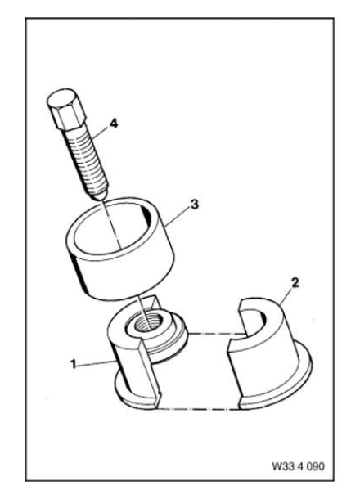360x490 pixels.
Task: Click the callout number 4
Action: (114, 124)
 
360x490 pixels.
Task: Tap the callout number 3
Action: (194, 205)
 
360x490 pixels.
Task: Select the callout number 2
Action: (295, 283)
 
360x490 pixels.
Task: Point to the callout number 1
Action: (73, 364)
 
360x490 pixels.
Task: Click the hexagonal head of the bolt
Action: (66, 109)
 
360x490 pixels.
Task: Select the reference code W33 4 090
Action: (299, 466)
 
